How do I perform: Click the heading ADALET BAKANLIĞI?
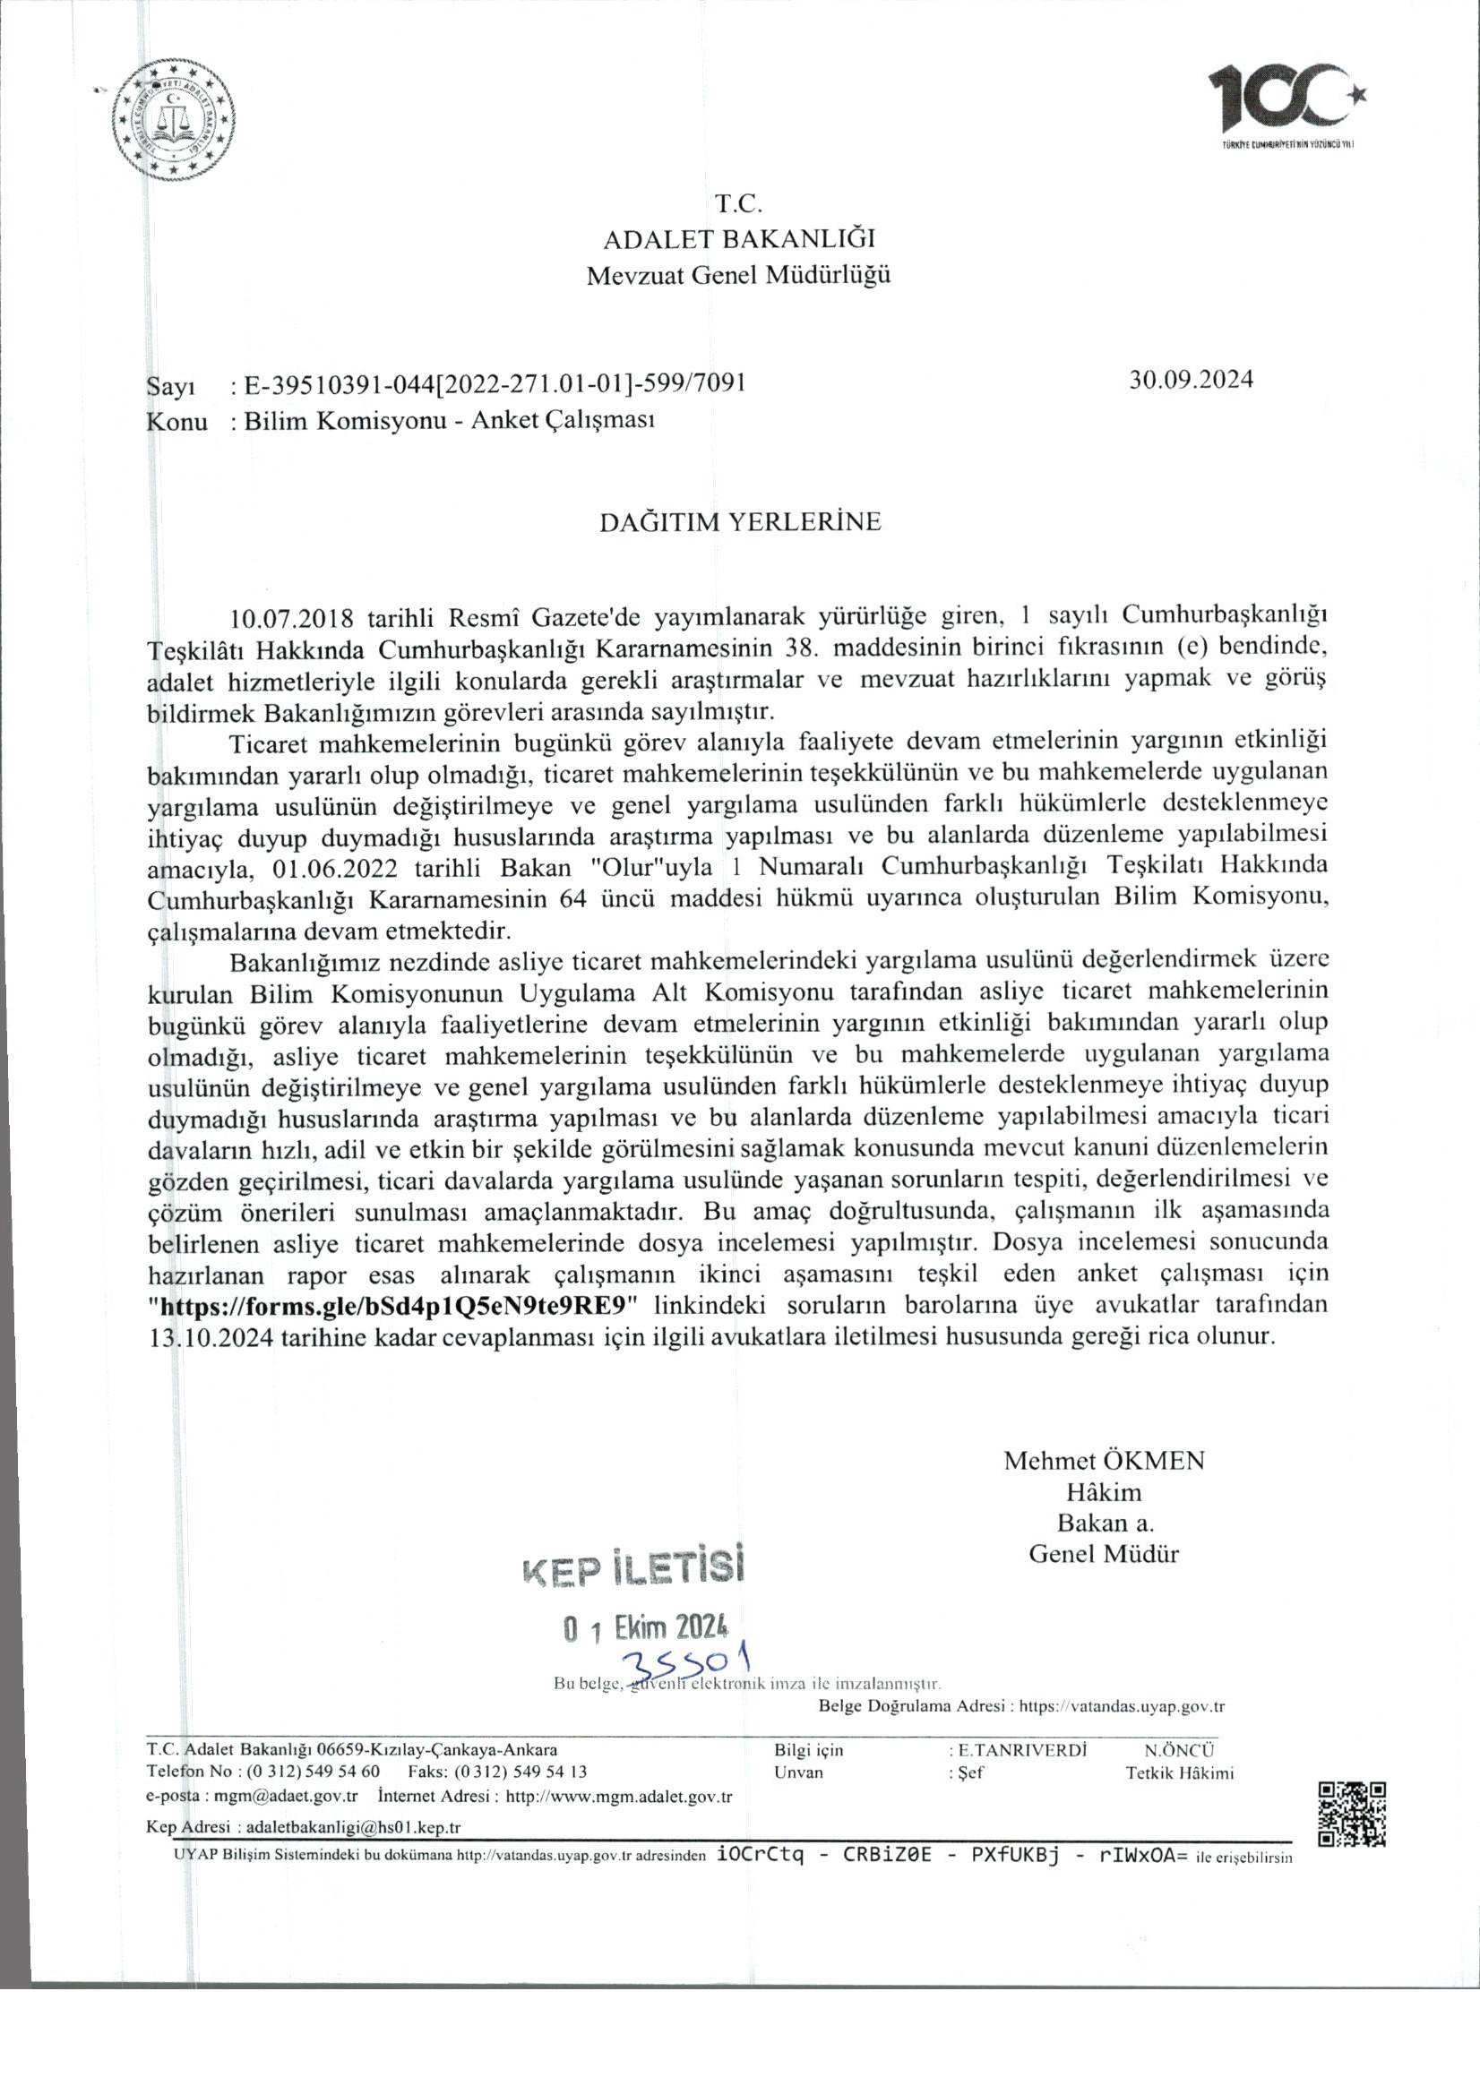click(739, 239)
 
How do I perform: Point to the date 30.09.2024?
click(1191, 380)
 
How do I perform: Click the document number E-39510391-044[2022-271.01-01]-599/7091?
click(489, 384)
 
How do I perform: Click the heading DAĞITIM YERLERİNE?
click(739, 521)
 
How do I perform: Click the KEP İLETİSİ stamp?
click(632, 1566)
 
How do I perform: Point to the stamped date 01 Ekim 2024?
click(646, 1628)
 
